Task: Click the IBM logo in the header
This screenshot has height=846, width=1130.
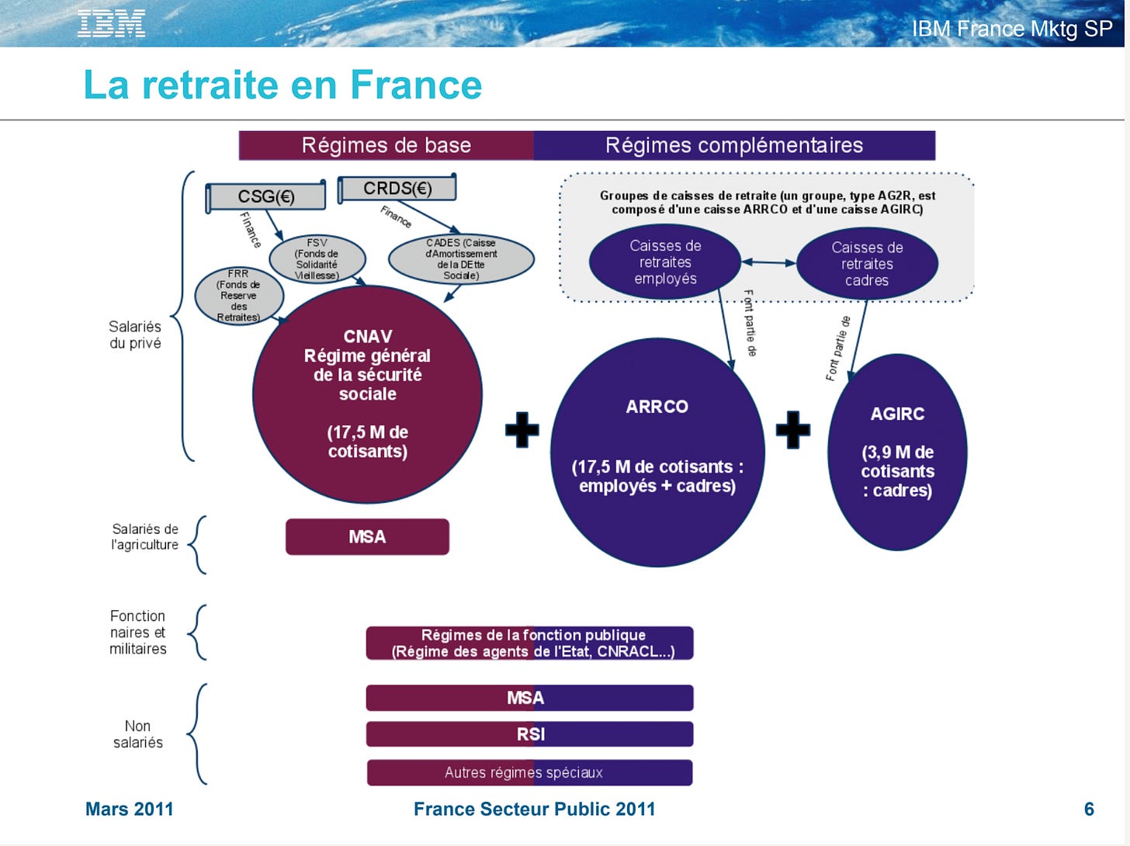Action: (111, 24)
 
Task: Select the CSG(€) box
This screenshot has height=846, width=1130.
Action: (266, 196)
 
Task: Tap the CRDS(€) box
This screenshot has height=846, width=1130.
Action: (397, 189)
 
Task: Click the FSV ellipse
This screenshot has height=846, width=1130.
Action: (317, 259)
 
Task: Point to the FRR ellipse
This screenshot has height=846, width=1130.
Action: (239, 296)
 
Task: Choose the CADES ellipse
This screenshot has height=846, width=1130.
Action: (461, 259)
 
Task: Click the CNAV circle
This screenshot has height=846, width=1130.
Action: (367, 394)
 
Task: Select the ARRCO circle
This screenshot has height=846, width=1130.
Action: (657, 452)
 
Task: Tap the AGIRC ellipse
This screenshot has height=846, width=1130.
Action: (897, 452)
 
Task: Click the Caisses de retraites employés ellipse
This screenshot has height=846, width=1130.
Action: (665, 262)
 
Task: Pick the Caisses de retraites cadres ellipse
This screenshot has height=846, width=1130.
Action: (867, 264)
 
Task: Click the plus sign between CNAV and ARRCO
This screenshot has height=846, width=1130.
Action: (522, 429)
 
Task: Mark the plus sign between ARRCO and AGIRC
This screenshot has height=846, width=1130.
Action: (792, 429)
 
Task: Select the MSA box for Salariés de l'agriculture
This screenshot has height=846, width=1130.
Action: (367, 537)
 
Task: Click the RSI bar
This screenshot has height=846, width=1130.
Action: (530, 734)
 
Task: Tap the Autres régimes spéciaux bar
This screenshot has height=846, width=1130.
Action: (530, 773)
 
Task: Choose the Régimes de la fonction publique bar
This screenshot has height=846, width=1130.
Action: (530, 643)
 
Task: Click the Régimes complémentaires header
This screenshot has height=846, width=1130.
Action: (734, 145)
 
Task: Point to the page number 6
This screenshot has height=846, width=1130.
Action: (1089, 810)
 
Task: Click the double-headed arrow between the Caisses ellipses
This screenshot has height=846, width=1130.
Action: (768, 262)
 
